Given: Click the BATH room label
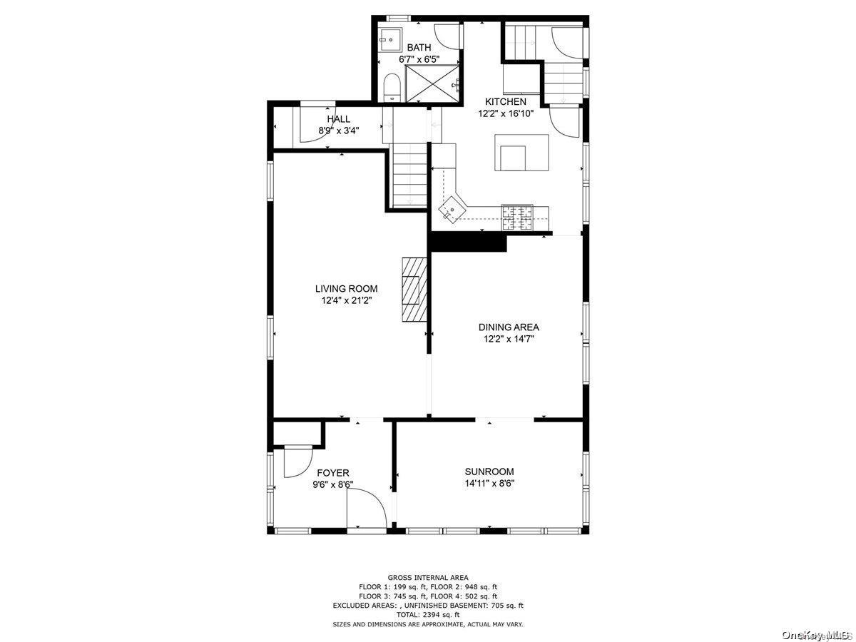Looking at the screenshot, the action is pyautogui.click(x=419, y=48).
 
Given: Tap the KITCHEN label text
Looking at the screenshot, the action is pyautogui.click(x=506, y=102).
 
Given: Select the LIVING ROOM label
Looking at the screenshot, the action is pyautogui.click(x=346, y=289).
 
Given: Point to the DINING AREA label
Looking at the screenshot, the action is pyautogui.click(x=509, y=327).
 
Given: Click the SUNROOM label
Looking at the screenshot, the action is pyautogui.click(x=489, y=472).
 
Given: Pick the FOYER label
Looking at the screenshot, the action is pyautogui.click(x=332, y=473).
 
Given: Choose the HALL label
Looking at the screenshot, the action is pyautogui.click(x=339, y=119).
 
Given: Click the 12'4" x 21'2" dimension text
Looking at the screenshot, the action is pyautogui.click(x=346, y=300).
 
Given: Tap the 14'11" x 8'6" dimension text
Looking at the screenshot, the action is pyautogui.click(x=489, y=484).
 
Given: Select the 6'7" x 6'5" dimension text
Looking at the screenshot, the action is pyautogui.click(x=419, y=59).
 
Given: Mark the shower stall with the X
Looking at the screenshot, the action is pyautogui.click(x=433, y=83).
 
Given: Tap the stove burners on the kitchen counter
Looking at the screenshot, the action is pyautogui.click(x=517, y=217).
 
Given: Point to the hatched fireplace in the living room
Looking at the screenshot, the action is pyautogui.click(x=414, y=289).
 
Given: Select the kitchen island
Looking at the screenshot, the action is pyautogui.click(x=521, y=153).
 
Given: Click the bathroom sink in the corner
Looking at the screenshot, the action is pyautogui.click(x=390, y=40).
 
